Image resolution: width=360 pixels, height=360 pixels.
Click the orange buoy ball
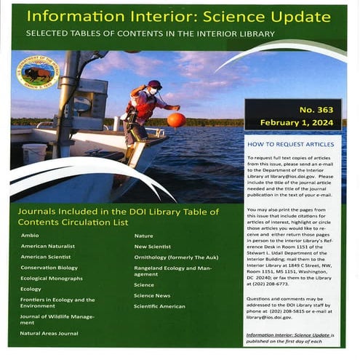click(177, 120)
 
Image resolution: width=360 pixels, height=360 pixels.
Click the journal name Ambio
click(29, 236)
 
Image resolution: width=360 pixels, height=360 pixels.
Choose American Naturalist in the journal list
click(47, 247)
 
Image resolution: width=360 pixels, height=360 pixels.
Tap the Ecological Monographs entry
click(52, 278)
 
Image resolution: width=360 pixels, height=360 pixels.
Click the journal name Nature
click(143, 236)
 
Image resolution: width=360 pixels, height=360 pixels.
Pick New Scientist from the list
click(151, 247)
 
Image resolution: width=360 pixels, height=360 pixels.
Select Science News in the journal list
click(151, 295)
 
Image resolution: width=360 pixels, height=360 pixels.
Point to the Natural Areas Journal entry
click(49, 333)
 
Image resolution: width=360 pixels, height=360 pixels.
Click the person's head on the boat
click(153, 84)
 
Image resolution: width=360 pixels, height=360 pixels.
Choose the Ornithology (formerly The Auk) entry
click(169, 257)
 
